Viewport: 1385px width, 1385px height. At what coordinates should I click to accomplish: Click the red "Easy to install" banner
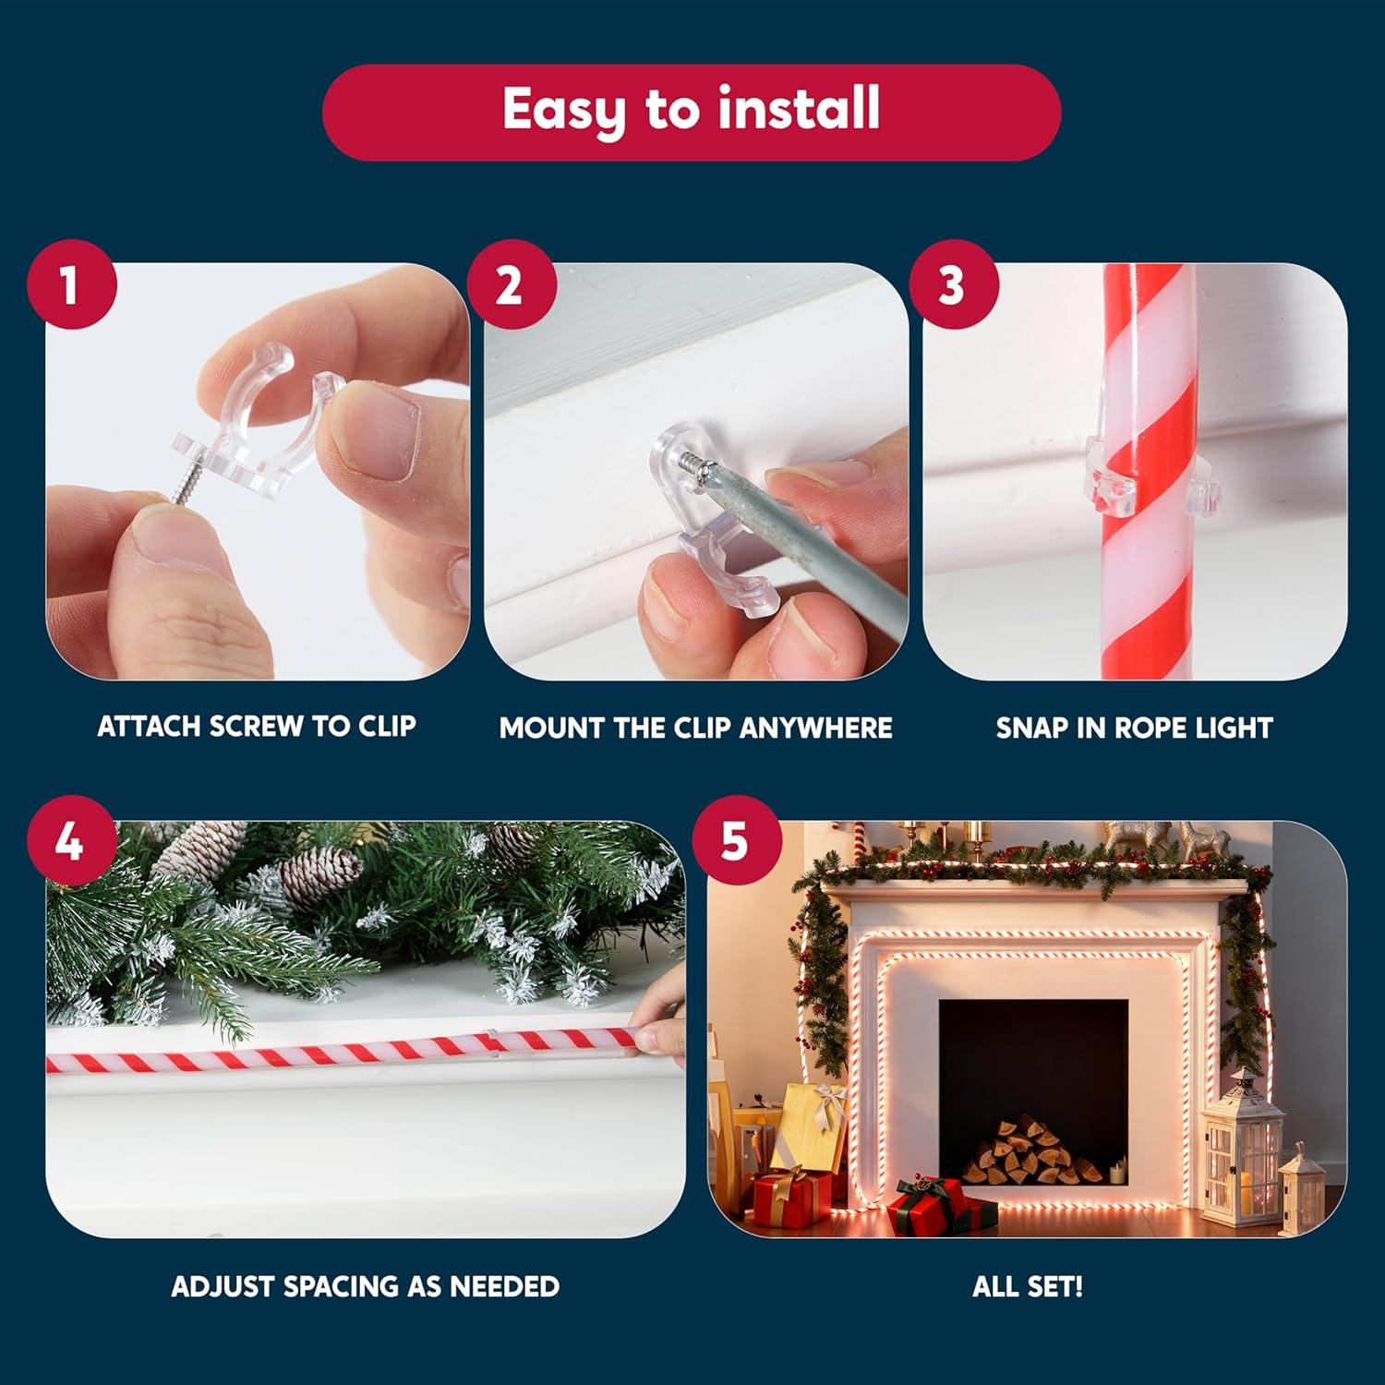point(692,112)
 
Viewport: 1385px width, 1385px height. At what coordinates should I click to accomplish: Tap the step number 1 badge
point(71,285)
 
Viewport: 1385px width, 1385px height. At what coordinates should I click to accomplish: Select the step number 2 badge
point(511,285)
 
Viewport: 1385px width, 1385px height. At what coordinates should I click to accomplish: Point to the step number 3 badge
point(952,285)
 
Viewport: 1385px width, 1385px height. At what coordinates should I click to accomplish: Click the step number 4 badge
point(71,843)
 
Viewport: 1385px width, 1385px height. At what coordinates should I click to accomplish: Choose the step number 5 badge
point(736,843)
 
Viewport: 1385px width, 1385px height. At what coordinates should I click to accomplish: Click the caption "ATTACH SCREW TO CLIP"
point(257,727)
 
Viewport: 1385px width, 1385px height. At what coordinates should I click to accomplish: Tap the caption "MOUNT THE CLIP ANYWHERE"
point(696,728)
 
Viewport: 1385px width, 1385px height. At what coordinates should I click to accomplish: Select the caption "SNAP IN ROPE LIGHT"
point(1134,728)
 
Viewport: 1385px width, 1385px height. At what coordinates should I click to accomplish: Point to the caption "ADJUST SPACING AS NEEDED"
point(366,1286)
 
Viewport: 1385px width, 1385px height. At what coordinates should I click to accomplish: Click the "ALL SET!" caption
point(1028,1286)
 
